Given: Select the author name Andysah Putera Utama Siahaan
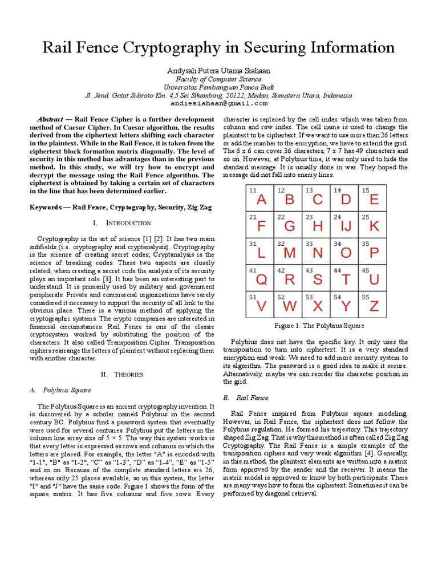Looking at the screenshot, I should click(x=218, y=71).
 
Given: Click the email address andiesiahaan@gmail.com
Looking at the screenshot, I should click(x=218, y=104).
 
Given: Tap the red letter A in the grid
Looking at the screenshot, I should click(x=261, y=200).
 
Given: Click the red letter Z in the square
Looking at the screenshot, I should click(x=374, y=306).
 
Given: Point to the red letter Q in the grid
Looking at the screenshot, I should click(x=261, y=279).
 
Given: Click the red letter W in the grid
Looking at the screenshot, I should click(x=289, y=306).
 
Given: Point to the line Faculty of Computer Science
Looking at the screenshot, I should click(x=218, y=79).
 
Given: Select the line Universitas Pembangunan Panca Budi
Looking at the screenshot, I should click(x=218, y=87).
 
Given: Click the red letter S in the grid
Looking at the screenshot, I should click(x=317, y=279).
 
